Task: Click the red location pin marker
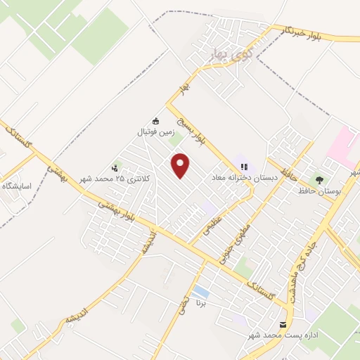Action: click(181, 165)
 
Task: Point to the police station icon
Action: click(115, 167)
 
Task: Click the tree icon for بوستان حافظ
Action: click(320, 181)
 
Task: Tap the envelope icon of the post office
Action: click(283, 326)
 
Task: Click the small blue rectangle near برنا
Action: click(200, 290)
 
